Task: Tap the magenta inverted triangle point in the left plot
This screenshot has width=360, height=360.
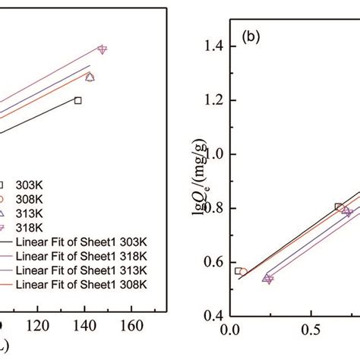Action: (x=103, y=49)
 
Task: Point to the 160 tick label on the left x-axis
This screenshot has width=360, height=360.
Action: (x=131, y=327)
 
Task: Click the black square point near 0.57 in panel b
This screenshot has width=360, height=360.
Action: (x=237, y=271)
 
